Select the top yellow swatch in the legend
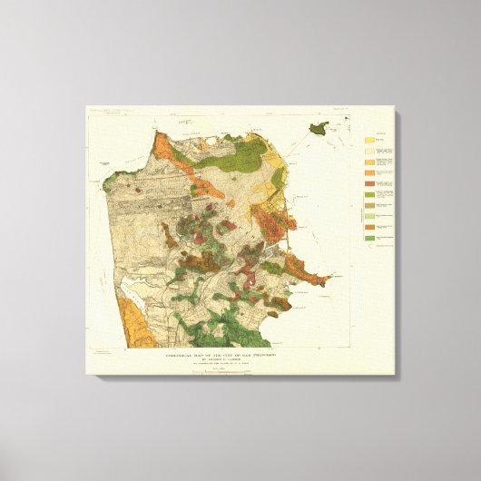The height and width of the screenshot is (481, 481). click(370, 141)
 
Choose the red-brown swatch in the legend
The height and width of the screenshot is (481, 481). click(370, 184)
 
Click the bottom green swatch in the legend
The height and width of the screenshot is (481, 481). click(370, 239)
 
